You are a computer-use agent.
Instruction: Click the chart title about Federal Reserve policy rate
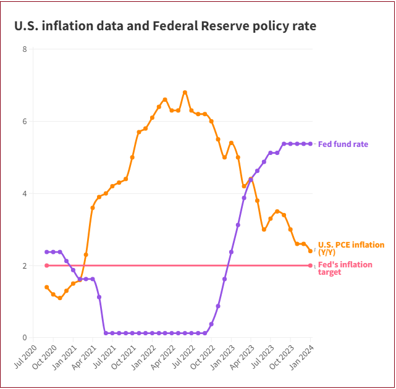(165, 26)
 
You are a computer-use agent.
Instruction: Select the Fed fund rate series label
(343, 144)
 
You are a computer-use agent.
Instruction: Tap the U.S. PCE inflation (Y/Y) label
(351, 248)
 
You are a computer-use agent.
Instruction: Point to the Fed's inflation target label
(345, 268)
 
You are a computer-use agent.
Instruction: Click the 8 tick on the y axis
(25, 49)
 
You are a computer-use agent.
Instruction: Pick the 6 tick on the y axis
(25, 122)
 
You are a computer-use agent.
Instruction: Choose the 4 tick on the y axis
(25, 194)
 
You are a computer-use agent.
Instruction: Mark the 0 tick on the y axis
(25, 338)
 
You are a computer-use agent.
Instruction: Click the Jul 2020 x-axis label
(25, 357)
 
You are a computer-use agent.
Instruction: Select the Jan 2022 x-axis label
(144, 358)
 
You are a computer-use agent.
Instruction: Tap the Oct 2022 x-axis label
(203, 358)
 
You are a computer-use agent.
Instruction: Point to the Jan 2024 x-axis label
(302, 358)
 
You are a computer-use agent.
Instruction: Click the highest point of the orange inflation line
(185, 93)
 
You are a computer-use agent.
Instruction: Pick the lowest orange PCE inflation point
(60, 298)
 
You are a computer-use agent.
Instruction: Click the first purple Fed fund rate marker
(47, 252)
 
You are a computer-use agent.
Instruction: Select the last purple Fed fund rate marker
(310, 144)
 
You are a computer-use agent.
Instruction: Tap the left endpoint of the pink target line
(47, 266)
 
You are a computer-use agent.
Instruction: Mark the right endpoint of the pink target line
(310, 266)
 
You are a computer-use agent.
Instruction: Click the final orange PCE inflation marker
(310, 251)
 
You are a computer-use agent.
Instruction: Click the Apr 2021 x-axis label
(85, 358)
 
